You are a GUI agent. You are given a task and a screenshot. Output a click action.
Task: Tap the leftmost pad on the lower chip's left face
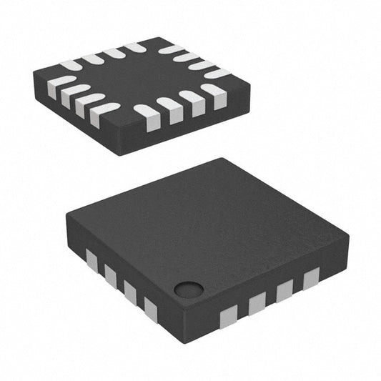coord(91,259)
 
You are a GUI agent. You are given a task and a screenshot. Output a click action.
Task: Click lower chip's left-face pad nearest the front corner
coord(150,309)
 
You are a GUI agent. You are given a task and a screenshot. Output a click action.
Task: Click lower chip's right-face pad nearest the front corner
coord(228,313)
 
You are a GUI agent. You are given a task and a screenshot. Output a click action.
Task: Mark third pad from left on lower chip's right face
coord(284,290)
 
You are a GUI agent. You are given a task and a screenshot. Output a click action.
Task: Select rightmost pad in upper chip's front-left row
coord(104,113)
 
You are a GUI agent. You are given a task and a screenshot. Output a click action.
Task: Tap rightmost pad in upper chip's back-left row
coord(135,48)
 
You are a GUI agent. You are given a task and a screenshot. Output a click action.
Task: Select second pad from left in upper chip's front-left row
coord(71,95)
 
